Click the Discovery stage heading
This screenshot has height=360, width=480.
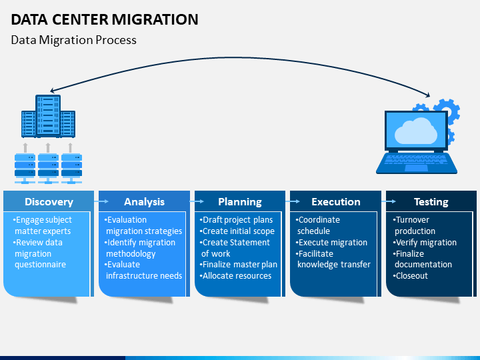click(49, 202)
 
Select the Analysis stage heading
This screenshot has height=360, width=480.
click(144, 202)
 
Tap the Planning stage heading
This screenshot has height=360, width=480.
click(240, 202)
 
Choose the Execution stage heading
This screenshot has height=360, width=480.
click(336, 202)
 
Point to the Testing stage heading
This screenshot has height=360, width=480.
click(431, 202)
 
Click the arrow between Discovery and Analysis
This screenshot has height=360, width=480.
click(101, 201)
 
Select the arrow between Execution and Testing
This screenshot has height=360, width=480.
click(389, 201)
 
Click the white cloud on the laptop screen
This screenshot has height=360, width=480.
click(416, 131)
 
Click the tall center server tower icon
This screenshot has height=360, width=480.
click(48, 115)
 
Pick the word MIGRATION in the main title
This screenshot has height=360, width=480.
click(155, 19)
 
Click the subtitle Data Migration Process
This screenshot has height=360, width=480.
click(73, 40)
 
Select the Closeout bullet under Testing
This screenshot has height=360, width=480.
click(410, 276)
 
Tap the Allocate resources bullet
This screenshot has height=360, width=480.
click(235, 276)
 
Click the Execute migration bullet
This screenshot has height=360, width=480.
click(331, 243)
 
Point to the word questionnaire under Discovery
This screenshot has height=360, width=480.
click(41, 265)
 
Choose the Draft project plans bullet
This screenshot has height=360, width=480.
click(236, 220)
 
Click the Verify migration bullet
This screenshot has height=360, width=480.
click(425, 243)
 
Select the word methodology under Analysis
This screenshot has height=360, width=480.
click(131, 254)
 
